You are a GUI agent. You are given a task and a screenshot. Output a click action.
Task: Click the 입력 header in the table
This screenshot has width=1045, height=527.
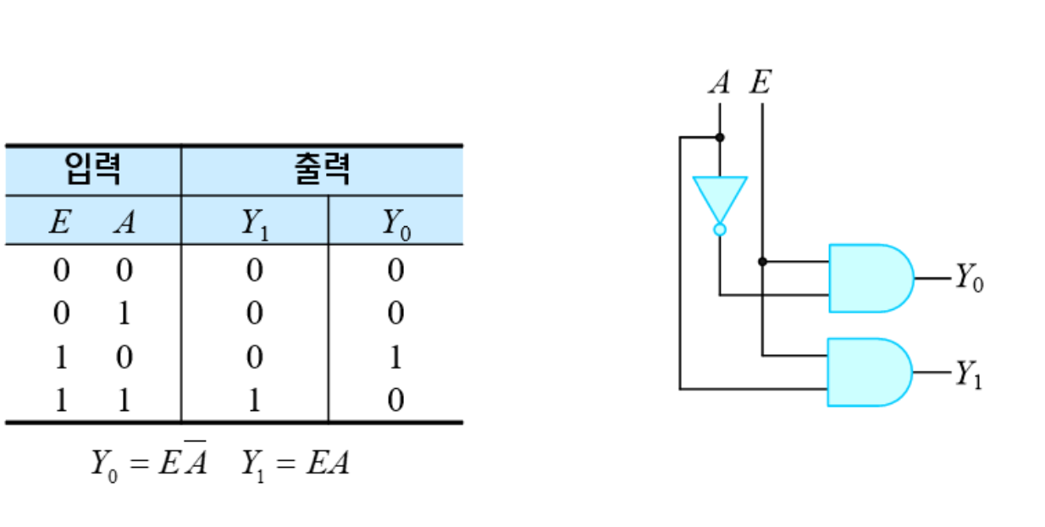coord(92,170)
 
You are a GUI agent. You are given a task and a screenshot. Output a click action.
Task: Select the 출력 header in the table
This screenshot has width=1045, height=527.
coord(323,170)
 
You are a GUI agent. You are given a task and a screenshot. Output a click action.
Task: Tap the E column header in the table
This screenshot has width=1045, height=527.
coord(58,222)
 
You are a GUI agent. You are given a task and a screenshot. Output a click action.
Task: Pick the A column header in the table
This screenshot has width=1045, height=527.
coord(124,222)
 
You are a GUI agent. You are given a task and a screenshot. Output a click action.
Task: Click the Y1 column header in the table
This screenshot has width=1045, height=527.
coord(253,223)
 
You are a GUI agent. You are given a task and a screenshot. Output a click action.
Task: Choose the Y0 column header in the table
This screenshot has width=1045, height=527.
coord(395,223)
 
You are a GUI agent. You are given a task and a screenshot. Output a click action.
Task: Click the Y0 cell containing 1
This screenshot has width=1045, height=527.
coord(395,358)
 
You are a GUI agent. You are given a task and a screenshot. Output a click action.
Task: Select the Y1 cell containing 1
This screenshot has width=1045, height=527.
coord(253,400)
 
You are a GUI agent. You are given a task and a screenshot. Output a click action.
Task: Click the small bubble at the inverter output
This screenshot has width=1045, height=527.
coord(719,229)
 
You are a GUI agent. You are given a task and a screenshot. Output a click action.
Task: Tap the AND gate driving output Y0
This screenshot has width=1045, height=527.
coord(868,278)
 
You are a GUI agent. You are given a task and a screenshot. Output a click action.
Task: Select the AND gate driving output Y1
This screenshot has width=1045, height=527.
coord(867,372)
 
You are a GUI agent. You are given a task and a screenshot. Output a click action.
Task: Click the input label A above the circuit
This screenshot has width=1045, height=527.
coord(719,83)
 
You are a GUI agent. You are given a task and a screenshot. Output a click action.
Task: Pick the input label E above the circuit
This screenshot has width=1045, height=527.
coord(760,83)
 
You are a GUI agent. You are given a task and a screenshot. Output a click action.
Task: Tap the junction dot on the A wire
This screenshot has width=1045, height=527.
coord(719,136)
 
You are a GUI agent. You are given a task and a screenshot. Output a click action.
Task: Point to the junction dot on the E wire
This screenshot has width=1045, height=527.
coord(762,261)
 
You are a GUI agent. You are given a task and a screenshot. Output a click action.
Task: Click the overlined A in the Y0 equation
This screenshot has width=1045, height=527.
coord(196,463)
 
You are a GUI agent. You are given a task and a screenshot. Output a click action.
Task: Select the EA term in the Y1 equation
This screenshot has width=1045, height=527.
coord(329,463)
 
